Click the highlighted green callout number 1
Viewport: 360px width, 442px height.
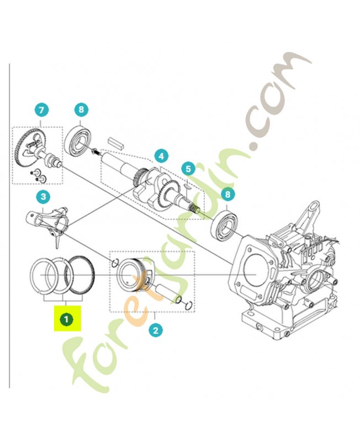pos(66,319)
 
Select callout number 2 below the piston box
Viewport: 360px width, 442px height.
pos(156,330)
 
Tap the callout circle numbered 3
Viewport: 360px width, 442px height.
pos(42,196)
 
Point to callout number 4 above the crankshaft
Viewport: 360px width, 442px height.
pos(161,156)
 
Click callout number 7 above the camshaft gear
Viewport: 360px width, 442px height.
pos(42,110)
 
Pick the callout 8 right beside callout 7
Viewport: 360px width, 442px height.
pos(81,110)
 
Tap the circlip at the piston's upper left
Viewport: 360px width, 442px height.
pos(115,262)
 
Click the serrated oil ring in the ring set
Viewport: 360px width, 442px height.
pos(81,274)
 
